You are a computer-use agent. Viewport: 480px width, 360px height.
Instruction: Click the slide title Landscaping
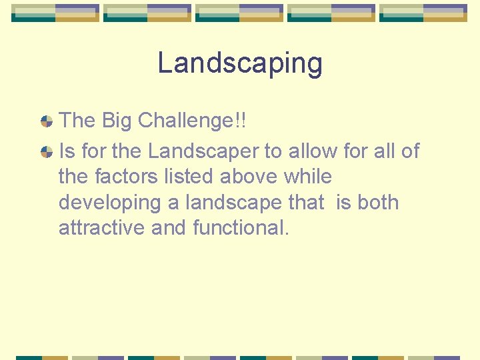(240, 64)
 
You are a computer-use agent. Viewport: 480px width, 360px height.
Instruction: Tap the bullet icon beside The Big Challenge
(47, 121)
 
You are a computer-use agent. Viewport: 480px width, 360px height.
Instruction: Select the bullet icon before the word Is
(47, 152)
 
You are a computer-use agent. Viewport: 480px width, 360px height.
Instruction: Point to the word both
(378, 202)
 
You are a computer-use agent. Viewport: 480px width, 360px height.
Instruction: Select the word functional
(241, 228)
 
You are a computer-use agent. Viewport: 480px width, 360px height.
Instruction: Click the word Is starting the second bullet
(67, 151)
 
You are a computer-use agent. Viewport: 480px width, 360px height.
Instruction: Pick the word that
(305, 202)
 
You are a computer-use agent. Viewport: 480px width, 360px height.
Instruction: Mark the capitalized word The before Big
(77, 121)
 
